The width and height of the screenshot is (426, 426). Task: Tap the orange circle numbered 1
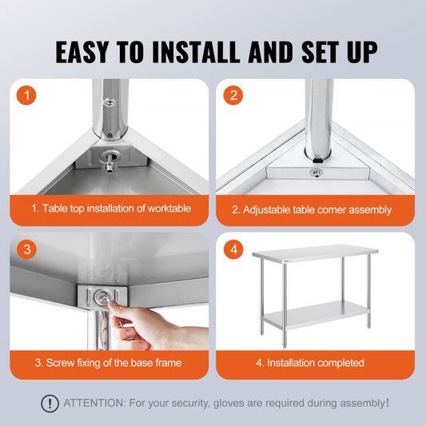(27, 96)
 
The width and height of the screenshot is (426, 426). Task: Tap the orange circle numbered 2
(233, 96)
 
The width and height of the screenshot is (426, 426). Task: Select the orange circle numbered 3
(27, 249)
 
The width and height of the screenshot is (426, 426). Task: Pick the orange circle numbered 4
(233, 249)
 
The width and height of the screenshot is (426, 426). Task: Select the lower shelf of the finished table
(316, 315)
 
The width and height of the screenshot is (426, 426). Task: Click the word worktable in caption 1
(165, 209)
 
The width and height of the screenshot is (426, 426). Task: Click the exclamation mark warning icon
(50, 404)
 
